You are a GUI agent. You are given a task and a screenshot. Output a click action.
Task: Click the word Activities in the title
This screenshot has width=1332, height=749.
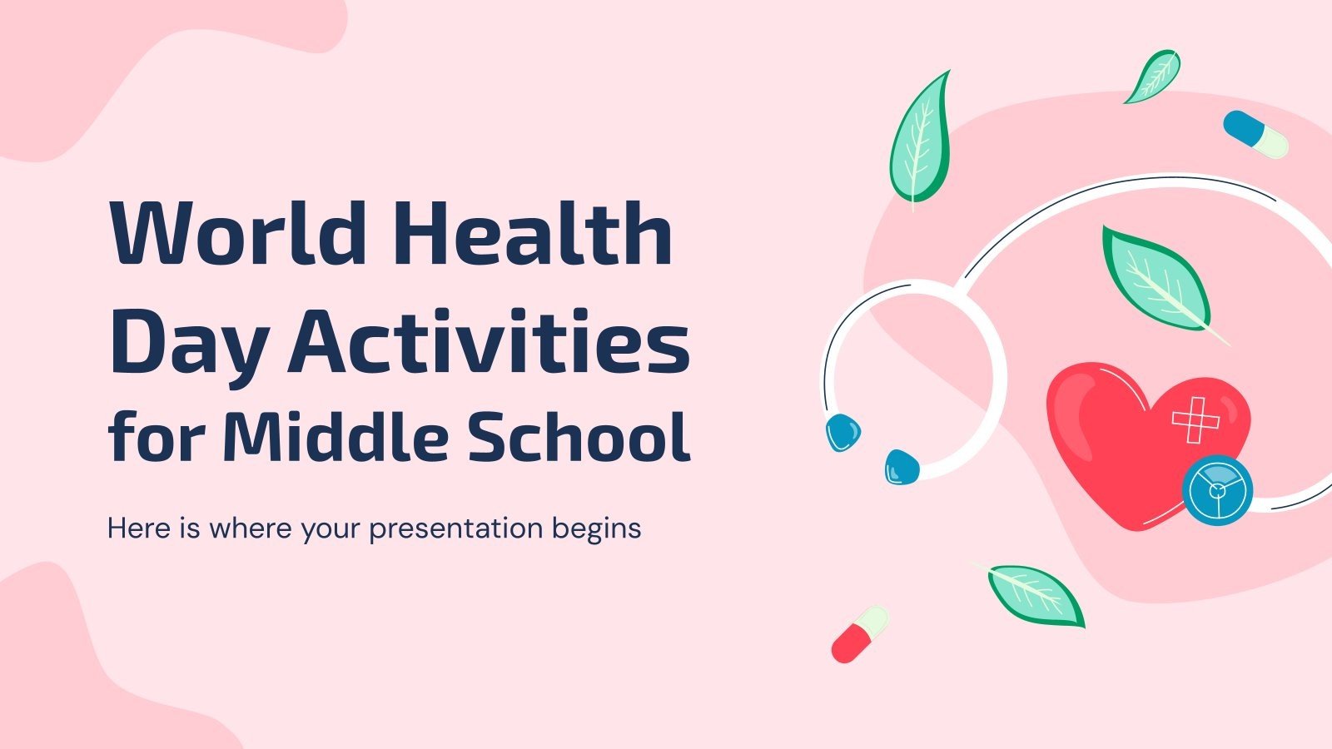489,340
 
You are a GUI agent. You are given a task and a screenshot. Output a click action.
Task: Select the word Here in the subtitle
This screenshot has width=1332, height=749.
137,528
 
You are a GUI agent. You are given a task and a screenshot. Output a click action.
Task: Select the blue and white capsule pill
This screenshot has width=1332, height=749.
1255,134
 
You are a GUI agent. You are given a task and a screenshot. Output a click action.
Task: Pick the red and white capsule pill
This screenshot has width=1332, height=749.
860,634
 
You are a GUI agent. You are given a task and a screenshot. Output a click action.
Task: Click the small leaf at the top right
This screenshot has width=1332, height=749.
1154,77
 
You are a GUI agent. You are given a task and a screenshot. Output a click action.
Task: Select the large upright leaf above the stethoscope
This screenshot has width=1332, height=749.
921,137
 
